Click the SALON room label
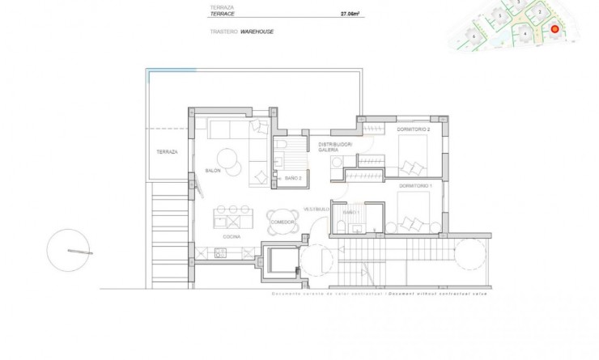pyautogui.click(x=214, y=171)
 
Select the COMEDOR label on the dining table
pyautogui.click(x=282, y=221)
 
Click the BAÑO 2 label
pyautogui.click(x=293, y=178)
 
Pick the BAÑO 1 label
pyautogui.click(x=350, y=211)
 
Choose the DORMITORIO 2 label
pyautogui.click(x=413, y=129)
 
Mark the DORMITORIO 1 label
pyautogui.click(x=415, y=186)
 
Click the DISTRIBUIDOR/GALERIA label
pyautogui.click(x=335, y=147)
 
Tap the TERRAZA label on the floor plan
pyautogui.click(x=168, y=151)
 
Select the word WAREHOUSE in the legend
pyautogui.click(x=258, y=32)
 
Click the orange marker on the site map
pyautogui.click(x=555, y=30)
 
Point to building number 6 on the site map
pyautogui.click(x=474, y=36)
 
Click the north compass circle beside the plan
pyautogui.click(x=68, y=251)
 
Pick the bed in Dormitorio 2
pyautogui.click(x=414, y=155)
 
